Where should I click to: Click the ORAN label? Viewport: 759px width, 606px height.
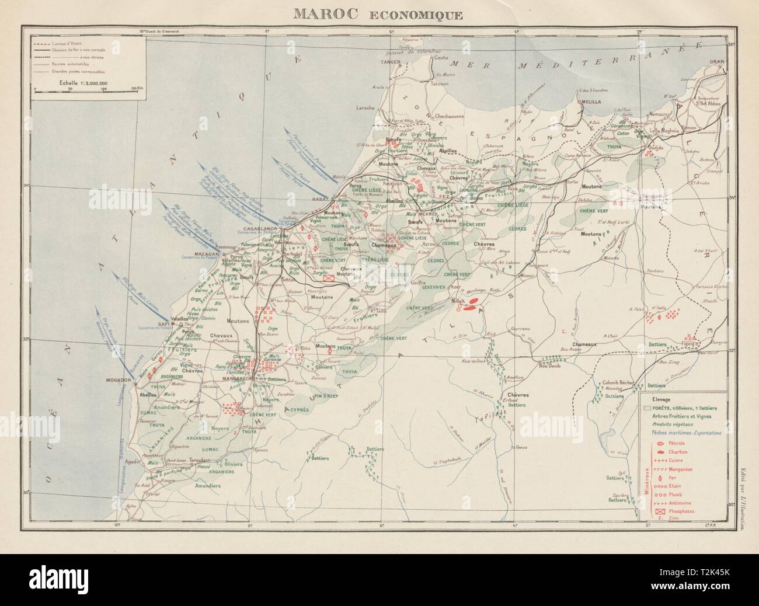click(716, 61)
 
